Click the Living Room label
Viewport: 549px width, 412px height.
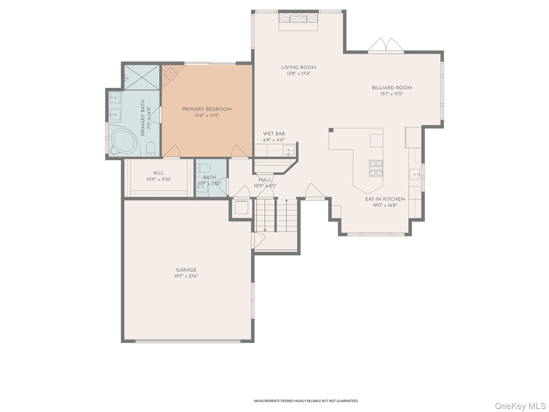pos(299,68)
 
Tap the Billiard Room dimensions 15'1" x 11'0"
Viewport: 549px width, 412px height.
pos(392,94)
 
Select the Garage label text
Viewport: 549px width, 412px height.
pos(186,270)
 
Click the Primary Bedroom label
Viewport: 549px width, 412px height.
pos(207,109)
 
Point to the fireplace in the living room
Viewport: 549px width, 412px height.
pos(298,21)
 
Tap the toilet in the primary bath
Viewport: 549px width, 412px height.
pos(151,149)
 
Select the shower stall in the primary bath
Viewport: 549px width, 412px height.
pos(142,77)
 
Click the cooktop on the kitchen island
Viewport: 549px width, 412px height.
pos(376,168)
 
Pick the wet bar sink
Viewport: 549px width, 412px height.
pos(288,150)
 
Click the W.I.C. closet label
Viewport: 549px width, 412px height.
pos(159,173)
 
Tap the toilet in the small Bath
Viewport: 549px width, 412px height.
pos(203,168)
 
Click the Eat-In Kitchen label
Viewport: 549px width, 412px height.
pos(385,199)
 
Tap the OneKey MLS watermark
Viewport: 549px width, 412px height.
pos(520,406)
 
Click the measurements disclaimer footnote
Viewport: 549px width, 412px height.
pos(305,401)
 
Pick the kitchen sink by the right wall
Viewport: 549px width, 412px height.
pos(415,174)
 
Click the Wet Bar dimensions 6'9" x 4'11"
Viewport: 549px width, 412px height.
pos(274,140)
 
